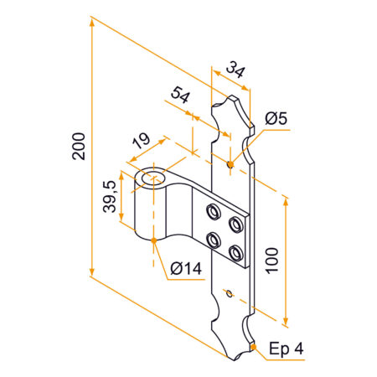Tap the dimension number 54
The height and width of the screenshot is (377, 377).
(178, 94)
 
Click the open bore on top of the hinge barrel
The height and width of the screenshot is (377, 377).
(152, 178)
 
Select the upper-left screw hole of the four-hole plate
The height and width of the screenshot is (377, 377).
(213, 209)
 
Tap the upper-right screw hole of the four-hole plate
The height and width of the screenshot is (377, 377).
(235, 222)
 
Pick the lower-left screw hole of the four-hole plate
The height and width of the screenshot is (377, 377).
(213, 237)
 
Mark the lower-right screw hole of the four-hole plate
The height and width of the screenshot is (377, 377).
(235, 251)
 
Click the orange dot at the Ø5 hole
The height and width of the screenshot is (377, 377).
(230, 163)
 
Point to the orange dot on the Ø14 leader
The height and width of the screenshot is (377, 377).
(154, 241)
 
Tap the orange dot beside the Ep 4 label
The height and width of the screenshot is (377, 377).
(251, 346)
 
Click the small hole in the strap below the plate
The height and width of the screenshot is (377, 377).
(228, 293)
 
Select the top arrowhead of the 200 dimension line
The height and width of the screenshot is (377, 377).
(90, 23)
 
